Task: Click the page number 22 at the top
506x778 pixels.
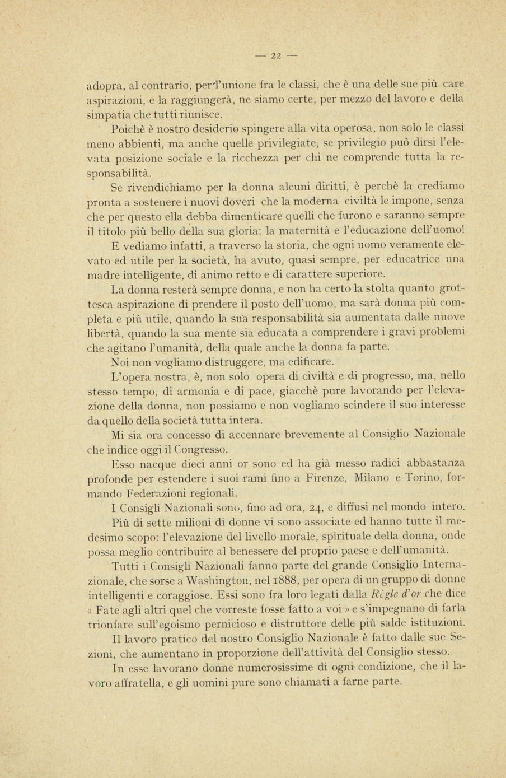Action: click(275, 55)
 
